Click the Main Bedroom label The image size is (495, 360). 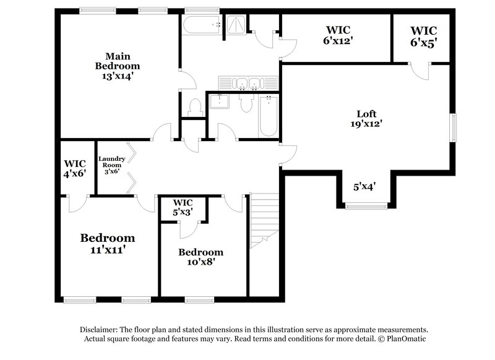click(117, 61)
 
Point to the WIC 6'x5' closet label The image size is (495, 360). click(423, 35)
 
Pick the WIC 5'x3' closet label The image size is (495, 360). click(183, 207)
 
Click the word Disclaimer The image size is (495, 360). click(101, 330)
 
